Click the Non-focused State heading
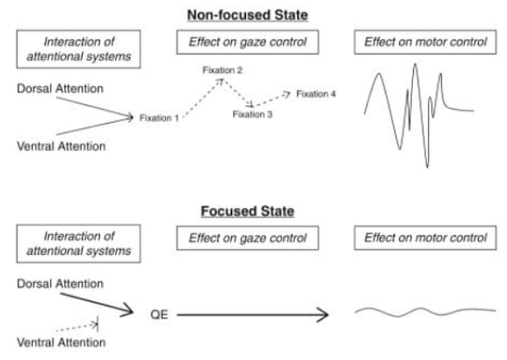pyautogui.click(x=248, y=15)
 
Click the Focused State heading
pyautogui.click(x=248, y=212)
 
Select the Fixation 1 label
pyautogui.click(x=159, y=118)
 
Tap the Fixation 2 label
pyautogui.click(x=222, y=70)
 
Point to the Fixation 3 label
pyautogui.click(x=252, y=114)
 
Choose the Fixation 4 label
pyautogui.click(x=316, y=94)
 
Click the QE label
pyautogui.click(x=159, y=314)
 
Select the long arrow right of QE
pyautogui.click(x=253, y=314)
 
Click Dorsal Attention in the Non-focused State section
pyautogui.click(x=60, y=89)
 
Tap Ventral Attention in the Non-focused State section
pyautogui.click(x=62, y=147)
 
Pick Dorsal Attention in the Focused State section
pyautogui.click(x=60, y=284)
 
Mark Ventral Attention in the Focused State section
pyautogui.click(x=62, y=342)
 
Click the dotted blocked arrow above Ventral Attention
pyautogui.click(x=77, y=327)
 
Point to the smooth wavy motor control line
pyautogui.click(x=425, y=312)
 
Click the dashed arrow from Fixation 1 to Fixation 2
pyautogui.click(x=202, y=99)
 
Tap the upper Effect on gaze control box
pyautogui.click(x=248, y=42)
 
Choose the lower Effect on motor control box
pyautogui.click(x=425, y=238)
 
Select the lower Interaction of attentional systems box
pyautogui.click(x=78, y=244)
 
